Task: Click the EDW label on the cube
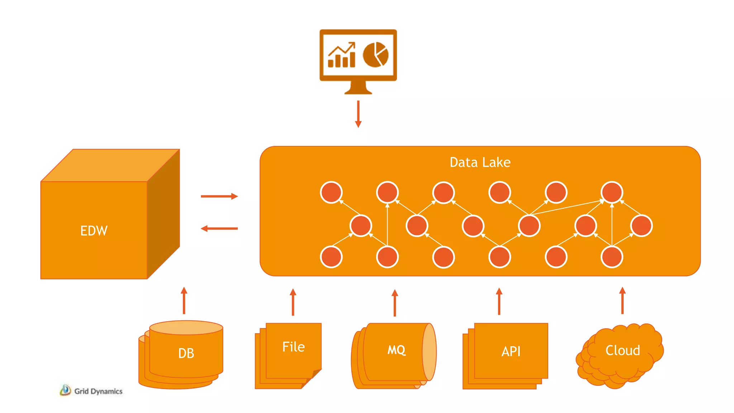94,231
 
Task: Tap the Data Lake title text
480,162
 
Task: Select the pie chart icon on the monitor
375,54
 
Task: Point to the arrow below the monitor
358,114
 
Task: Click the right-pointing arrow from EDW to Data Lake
219,196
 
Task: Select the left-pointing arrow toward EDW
219,228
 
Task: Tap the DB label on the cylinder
186,353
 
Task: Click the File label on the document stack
293,347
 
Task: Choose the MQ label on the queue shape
396,350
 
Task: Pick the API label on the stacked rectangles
511,351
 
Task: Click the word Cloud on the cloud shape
623,350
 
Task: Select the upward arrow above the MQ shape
395,303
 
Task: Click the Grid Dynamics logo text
98,391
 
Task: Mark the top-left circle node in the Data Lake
331,193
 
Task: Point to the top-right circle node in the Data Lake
612,193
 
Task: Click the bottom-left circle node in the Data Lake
331,257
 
